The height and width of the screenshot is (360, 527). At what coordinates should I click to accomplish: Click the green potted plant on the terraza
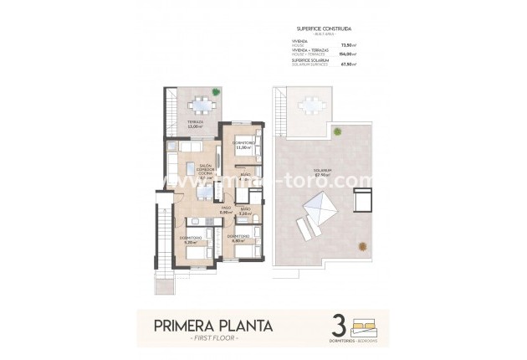pos(216,93)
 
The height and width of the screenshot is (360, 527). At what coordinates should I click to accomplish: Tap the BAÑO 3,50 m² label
pos(244,212)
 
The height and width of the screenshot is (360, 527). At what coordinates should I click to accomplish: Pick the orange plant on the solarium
pos(361,245)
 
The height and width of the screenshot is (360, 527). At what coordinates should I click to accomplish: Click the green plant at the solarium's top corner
pos(336,131)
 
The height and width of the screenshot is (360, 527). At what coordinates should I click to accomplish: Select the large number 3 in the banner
pos(339,325)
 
